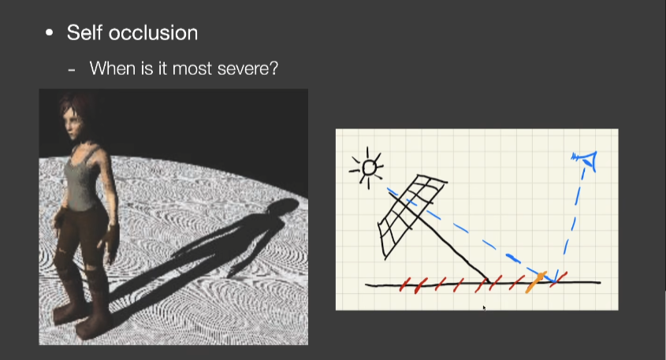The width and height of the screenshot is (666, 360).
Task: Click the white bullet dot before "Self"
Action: [x=50, y=32]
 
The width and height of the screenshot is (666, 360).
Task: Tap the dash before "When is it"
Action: [x=72, y=69]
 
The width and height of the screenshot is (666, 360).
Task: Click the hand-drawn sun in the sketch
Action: [x=367, y=168]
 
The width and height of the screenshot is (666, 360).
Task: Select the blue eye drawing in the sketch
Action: [x=586, y=160]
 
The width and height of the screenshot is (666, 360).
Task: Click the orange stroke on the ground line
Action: [x=535, y=282]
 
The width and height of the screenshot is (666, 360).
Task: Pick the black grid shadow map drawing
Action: [x=411, y=214]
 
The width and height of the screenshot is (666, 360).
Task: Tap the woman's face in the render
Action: [x=73, y=123]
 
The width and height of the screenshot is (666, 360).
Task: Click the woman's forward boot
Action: [x=91, y=324]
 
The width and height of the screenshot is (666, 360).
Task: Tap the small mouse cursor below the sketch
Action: [x=484, y=308]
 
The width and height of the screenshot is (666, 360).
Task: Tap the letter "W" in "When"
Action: [x=98, y=68]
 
